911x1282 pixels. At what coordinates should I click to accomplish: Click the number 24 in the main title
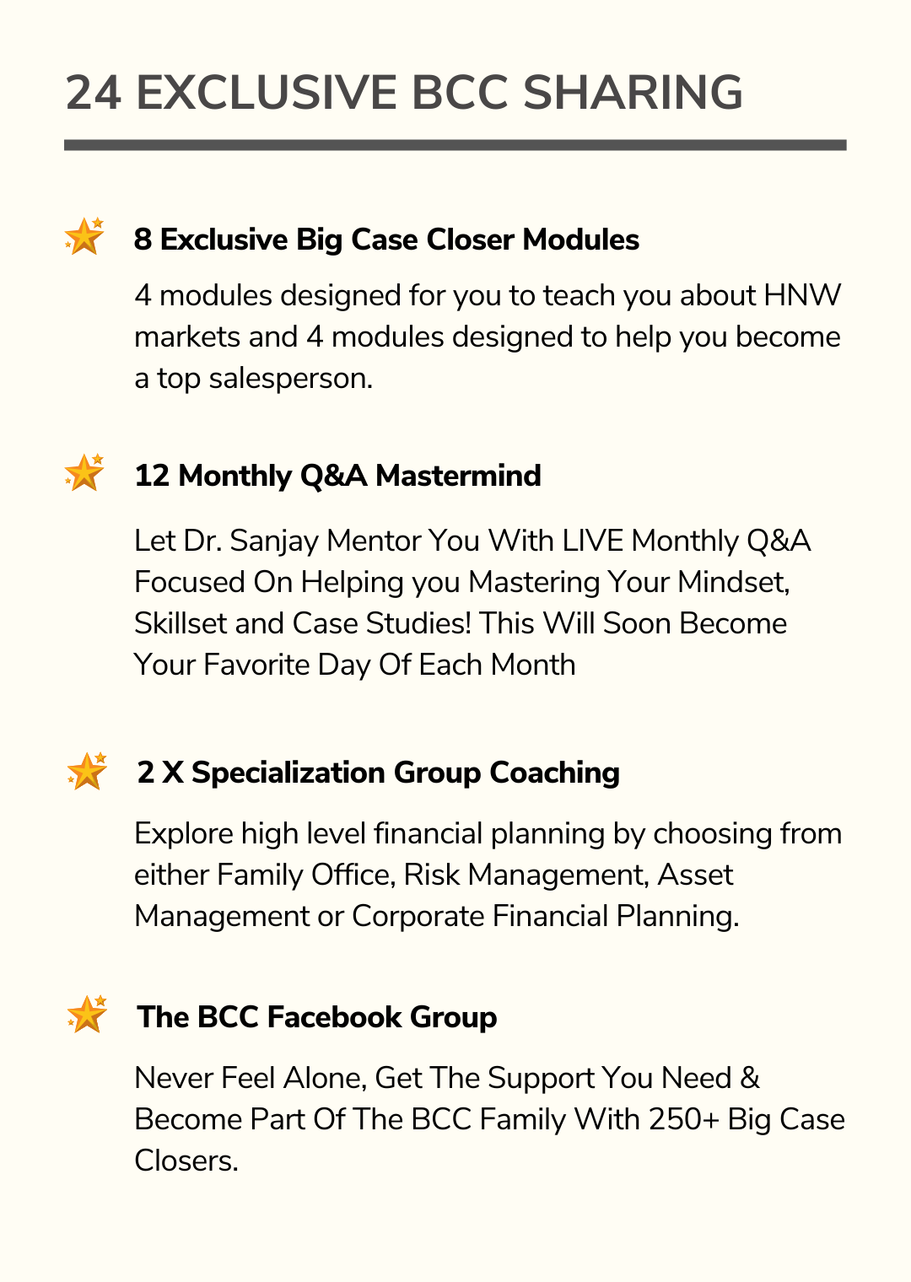(x=94, y=93)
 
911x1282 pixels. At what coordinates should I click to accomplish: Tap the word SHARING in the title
(x=633, y=93)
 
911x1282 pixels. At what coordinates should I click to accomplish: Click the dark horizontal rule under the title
(x=455, y=145)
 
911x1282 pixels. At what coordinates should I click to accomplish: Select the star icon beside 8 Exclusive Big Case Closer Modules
(x=84, y=236)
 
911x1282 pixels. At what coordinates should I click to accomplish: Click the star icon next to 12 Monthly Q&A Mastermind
(x=84, y=472)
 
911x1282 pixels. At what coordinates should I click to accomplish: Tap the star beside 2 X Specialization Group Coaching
(x=87, y=771)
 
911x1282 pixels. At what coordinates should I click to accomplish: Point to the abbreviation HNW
(x=802, y=296)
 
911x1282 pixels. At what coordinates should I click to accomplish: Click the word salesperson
(x=291, y=379)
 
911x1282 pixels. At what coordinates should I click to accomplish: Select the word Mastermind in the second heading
(x=458, y=476)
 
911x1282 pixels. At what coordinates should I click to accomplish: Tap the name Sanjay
(x=273, y=541)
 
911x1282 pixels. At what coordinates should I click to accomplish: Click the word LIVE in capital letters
(x=592, y=541)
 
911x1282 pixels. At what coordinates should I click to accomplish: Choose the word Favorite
(x=256, y=665)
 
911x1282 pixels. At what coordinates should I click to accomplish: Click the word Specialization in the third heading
(x=288, y=773)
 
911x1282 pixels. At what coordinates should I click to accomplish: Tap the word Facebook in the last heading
(x=334, y=1017)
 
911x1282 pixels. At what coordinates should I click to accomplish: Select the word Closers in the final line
(x=186, y=1161)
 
